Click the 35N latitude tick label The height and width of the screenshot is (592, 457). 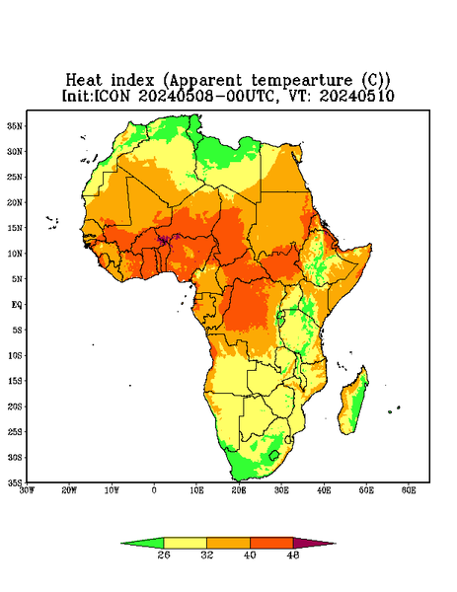(x=15, y=125)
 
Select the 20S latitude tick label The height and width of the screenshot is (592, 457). (x=15, y=407)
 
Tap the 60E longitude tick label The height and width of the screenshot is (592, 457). (x=409, y=490)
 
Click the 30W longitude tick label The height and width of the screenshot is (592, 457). (x=28, y=490)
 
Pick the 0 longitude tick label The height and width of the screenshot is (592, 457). (x=154, y=490)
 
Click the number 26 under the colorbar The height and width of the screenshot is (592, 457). (x=164, y=555)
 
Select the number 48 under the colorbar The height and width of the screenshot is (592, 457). (x=293, y=555)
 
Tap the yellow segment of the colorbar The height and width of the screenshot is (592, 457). (x=185, y=543)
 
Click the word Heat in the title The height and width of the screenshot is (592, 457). (x=84, y=81)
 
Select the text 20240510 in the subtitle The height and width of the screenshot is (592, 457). (x=357, y=96)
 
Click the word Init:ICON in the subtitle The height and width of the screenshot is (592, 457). (x=96, y=96)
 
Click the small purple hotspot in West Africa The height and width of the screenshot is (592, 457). (x=165, y=240)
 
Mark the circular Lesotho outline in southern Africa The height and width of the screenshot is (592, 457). (x=274, y=455)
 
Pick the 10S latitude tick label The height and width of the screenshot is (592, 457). (x=15, y=355)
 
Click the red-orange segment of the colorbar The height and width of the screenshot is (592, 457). (x=271, y=543)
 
